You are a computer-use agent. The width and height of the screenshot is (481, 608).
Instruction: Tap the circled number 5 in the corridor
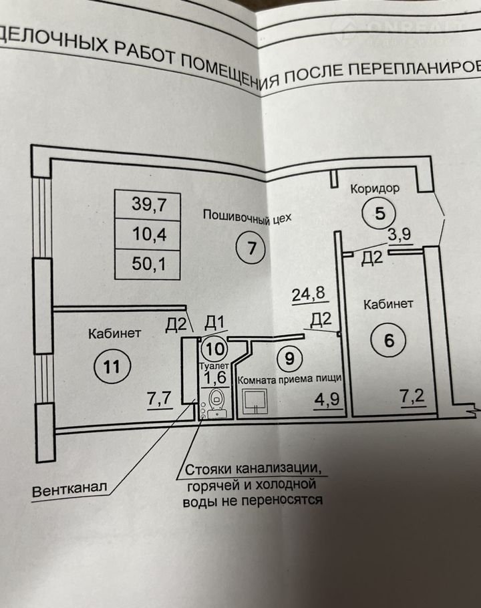click(379, 214)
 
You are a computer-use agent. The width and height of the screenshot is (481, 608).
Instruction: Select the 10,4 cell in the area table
click(148, 235)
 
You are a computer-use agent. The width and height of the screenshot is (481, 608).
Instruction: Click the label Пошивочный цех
click(249, 216)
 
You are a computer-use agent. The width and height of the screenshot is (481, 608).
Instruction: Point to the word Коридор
click(375, 188)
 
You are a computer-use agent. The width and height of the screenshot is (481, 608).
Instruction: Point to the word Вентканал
click(69, 488)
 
